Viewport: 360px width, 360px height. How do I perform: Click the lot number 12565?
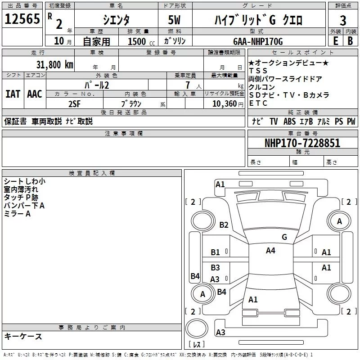click(x=22, y=19)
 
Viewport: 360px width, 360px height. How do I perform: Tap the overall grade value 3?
click(x=343, y=21)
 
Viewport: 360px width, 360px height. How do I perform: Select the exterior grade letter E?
click(x=335, y=41)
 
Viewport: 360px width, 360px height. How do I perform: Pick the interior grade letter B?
click(x=350, y=41)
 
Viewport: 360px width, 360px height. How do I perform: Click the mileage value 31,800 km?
click(x=54, y=65)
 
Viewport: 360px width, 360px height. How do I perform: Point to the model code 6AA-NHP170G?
click(x=258, y=41)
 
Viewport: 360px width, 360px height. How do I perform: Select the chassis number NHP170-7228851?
click(x=302, y=143)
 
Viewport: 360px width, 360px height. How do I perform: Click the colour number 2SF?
click(x=75, y=104)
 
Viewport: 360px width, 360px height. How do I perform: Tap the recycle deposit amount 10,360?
click(x=225, y=104)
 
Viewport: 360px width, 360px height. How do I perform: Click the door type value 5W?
click(x=174, y=20)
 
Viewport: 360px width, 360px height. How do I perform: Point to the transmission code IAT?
click(x=13, y=94)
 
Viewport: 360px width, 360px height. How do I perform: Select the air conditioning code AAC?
click(x=35, y=94)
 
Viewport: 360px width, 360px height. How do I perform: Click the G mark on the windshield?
click(x=284, y=237)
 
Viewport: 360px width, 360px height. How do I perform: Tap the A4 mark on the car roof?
click(x=270, y=251)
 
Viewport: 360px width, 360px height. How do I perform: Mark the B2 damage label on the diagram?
click(x=224, y=225)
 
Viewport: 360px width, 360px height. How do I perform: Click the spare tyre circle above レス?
click(x=197, y=328)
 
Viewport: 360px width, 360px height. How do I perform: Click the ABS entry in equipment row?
click(x=289, y=121)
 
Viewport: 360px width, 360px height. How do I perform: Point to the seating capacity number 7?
click(x=188, y=85)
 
